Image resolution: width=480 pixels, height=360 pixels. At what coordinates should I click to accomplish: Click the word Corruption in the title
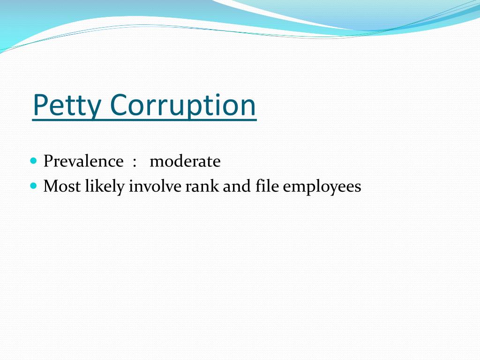tap(183, 105)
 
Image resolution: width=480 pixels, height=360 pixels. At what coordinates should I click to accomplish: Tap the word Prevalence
tap(83, 161)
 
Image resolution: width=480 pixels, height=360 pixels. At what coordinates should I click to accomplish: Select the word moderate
tap(185, 161)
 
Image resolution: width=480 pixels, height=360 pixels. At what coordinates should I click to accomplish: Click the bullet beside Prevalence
tap(33, 161)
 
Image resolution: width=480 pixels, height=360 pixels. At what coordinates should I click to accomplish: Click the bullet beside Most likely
tap(33, 186)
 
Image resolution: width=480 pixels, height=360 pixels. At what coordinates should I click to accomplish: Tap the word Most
tap(62, 186)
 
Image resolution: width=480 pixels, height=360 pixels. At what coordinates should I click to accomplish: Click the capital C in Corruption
tap(121, 105)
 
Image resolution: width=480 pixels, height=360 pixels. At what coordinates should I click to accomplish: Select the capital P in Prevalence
tap(48, 161)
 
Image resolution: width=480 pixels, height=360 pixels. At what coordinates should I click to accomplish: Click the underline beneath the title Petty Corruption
tap(144, 121)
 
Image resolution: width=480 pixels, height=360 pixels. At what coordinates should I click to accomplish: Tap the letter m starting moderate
tap(156, 162)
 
